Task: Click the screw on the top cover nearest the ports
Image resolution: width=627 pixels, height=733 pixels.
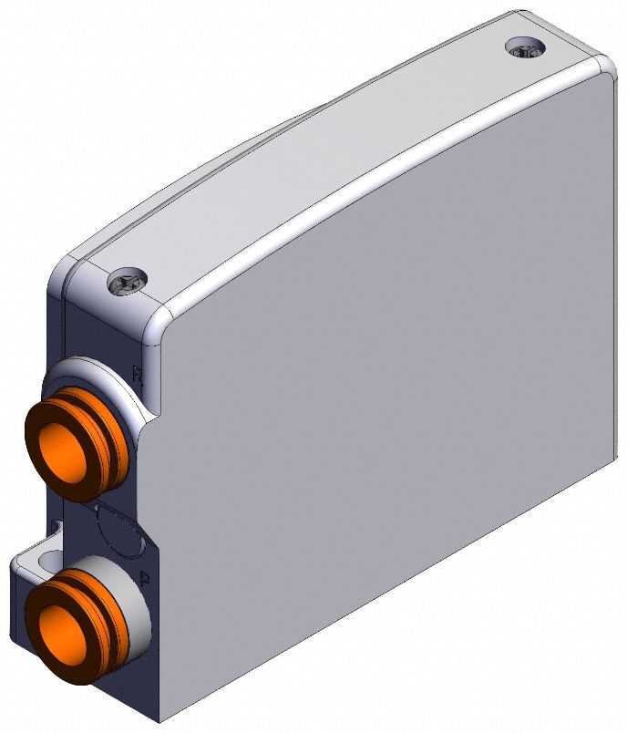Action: pyautogui.click(x=127, y=284)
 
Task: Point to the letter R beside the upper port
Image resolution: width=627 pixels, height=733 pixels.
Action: pyautogui.click(x=138, y=373)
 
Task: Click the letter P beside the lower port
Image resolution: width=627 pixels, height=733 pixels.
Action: pyautogui.click(x=146, y=577)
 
